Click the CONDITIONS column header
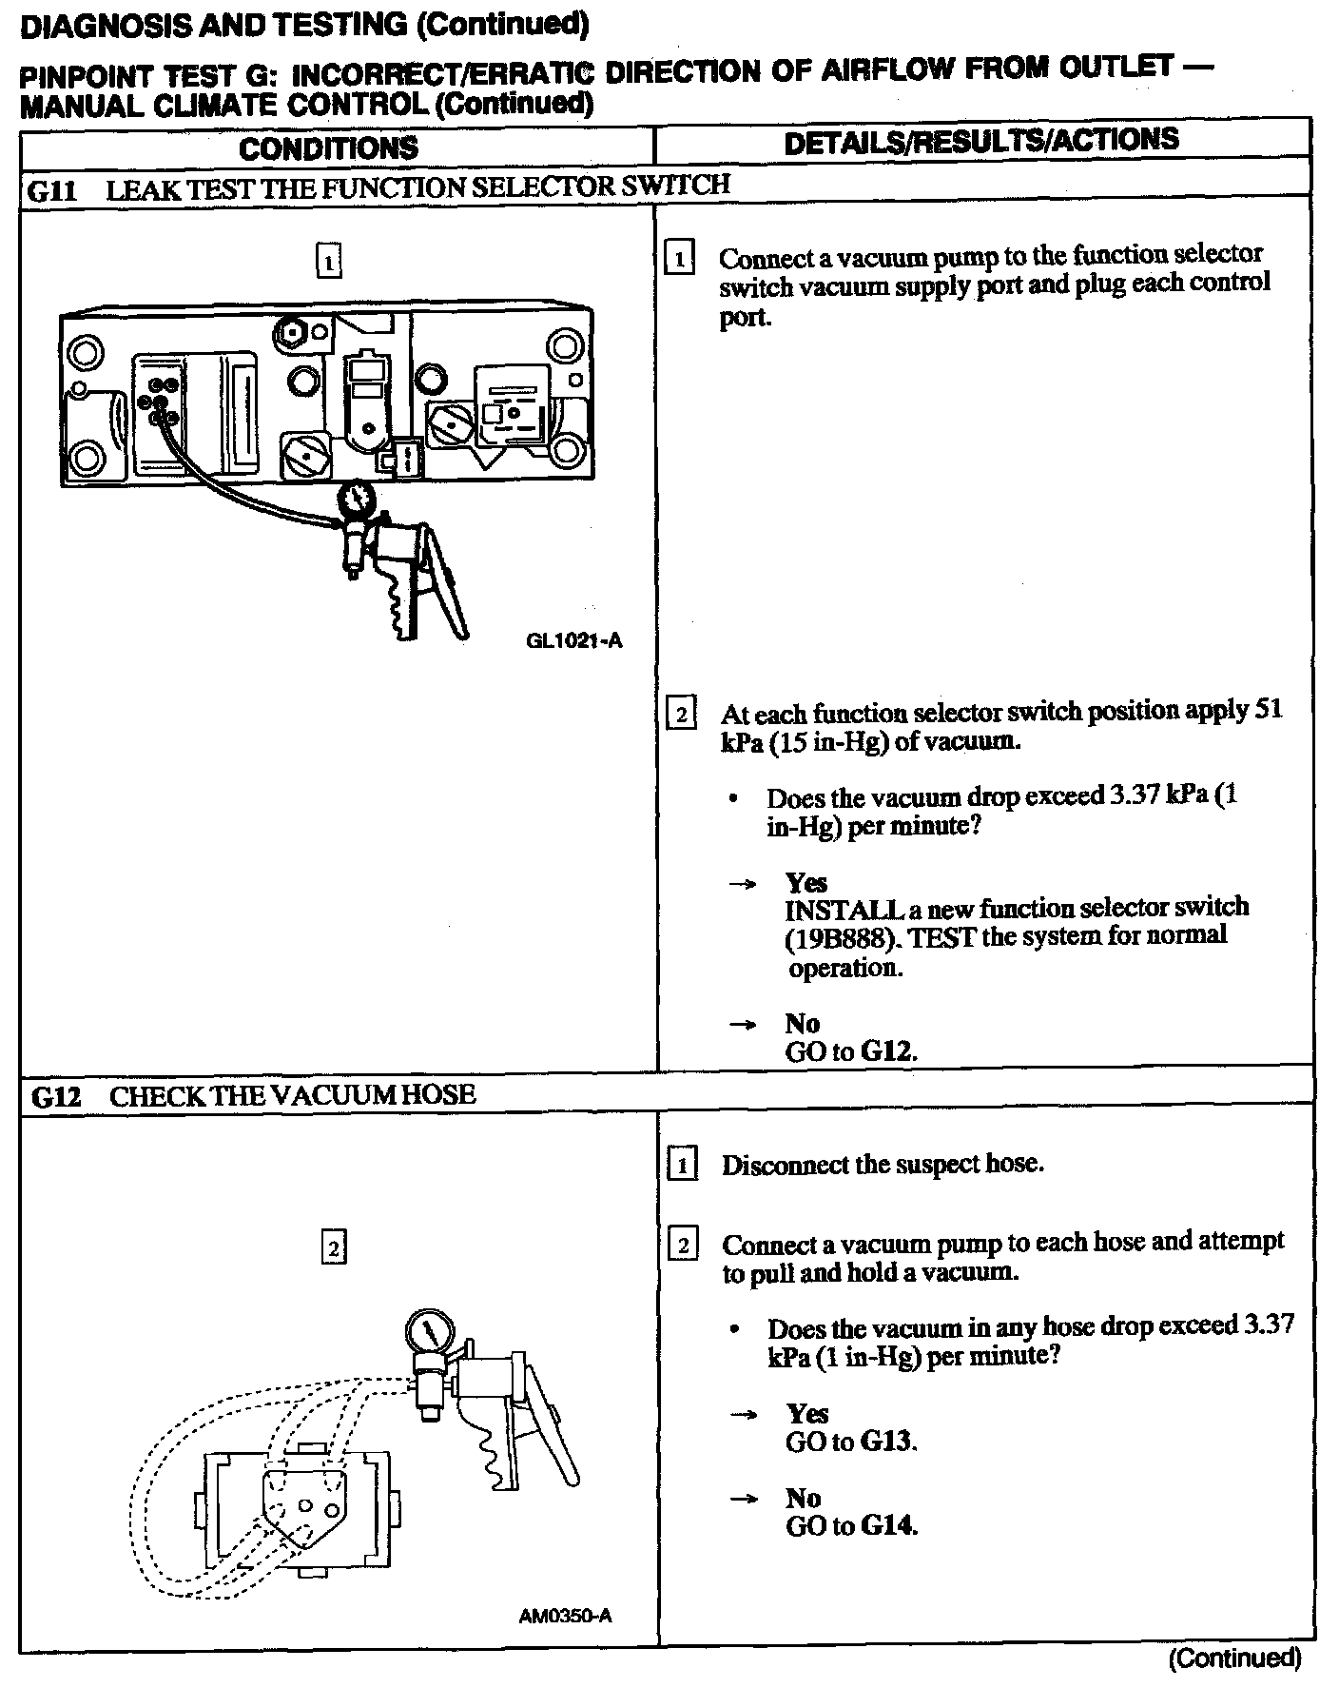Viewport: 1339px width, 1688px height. pos(328,148)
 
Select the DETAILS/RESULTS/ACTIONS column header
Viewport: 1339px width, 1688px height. pos(980,141)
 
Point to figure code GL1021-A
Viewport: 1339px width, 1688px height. pos(573,640)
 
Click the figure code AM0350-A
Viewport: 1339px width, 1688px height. pos(566,1616)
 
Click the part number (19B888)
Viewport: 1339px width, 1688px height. pos(841,939)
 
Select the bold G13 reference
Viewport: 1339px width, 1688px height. pos(887,1443)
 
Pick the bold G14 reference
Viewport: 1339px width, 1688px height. pos(887,1526)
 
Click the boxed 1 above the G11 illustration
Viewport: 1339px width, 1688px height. pos(328,261)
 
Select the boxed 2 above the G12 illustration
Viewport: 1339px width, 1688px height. pos(334,1246)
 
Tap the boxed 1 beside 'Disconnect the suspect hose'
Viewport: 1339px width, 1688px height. pos(682,1165)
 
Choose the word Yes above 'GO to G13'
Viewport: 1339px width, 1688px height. pos(806,1414)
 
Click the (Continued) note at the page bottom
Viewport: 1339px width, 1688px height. pos(1233,1659)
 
